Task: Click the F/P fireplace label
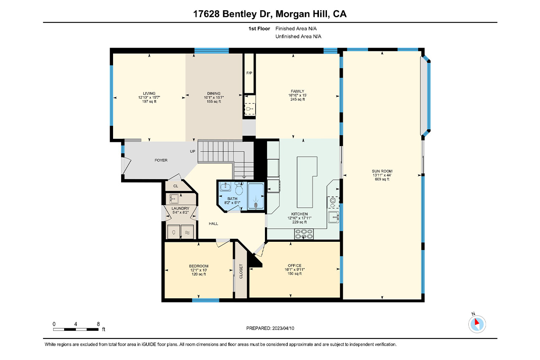click(x=249, y=73)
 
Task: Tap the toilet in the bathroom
click(x=239, y=188)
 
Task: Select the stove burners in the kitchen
click(x=304, y=234)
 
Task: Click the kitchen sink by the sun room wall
click(x=334, y=217)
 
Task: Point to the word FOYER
click(x=161, y=160)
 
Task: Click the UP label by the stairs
click(x=193, y=152)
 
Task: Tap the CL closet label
click(x=176, y=186)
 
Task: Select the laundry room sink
click(x=174, y=199)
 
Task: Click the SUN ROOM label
click(x=382, y=171)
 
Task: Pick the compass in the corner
click(x=477, y=324)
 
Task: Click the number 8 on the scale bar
click(x=98, y=324)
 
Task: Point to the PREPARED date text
click(x=270, y=328)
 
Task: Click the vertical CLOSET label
click(x=241, y=271)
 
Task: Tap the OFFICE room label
click(x=294, y=265)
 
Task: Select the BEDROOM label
click(x=199, y=266)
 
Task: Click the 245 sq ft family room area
click(x=297, y=99)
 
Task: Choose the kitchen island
click(x=307, y=182)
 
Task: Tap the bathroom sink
click(x=225, y=187)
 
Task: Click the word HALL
click(x=213, y=224)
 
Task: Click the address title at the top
click(x=270, y=14)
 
